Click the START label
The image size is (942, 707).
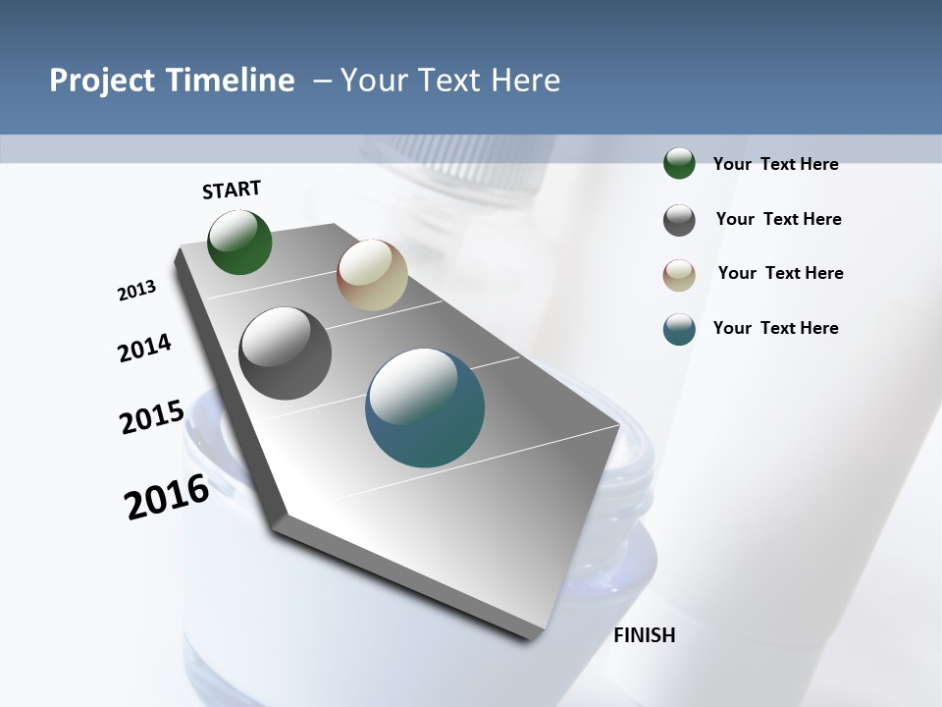[232, 190]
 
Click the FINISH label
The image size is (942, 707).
[645, 635]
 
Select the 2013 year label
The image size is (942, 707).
[137, 291]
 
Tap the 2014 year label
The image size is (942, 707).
[145, 348]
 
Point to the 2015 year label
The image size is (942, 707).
[152, 417]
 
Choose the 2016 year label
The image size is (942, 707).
[167, 497]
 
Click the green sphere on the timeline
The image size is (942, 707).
[240, 243]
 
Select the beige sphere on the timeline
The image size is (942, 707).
[372, 275]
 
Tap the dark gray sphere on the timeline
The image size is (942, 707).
[286, 353]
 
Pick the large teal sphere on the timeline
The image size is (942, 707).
[425, 408]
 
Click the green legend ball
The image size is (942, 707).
[679, 163]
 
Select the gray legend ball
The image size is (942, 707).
[679, 220]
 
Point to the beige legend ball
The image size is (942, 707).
[679, 275]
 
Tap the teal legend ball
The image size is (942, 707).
[679, 330]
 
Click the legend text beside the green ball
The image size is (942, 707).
[775, 164]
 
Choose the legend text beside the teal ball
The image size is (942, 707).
[775, 328]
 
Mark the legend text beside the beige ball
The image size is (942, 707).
[780, 273]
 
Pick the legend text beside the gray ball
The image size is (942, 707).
[778, 219]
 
